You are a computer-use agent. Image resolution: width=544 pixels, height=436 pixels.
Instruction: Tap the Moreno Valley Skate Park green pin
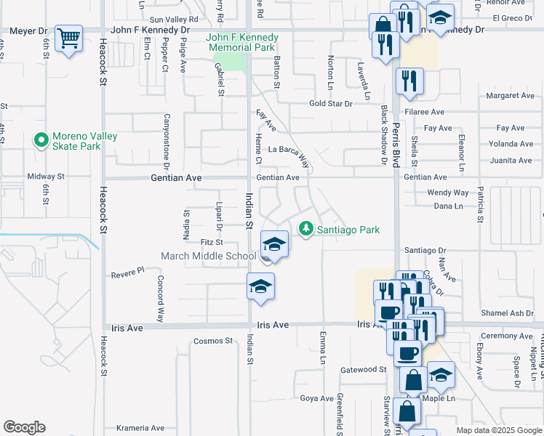coord(41,140)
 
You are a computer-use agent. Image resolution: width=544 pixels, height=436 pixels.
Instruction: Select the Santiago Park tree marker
coord(307,229)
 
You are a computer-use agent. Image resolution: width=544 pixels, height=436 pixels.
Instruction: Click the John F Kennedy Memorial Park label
coord(242,42)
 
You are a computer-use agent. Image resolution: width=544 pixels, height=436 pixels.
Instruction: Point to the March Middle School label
coord(208,256)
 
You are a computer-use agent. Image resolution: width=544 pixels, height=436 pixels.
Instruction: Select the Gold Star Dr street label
coord(330,104)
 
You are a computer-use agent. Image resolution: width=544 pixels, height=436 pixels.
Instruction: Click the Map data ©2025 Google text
coord(498,430)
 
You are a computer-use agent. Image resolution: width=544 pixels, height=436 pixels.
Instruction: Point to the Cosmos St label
coord(213,341)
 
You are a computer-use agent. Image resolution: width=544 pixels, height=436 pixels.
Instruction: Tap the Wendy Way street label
coord(448,193)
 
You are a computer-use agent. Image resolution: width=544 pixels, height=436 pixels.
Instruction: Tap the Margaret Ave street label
coord(511,95)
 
